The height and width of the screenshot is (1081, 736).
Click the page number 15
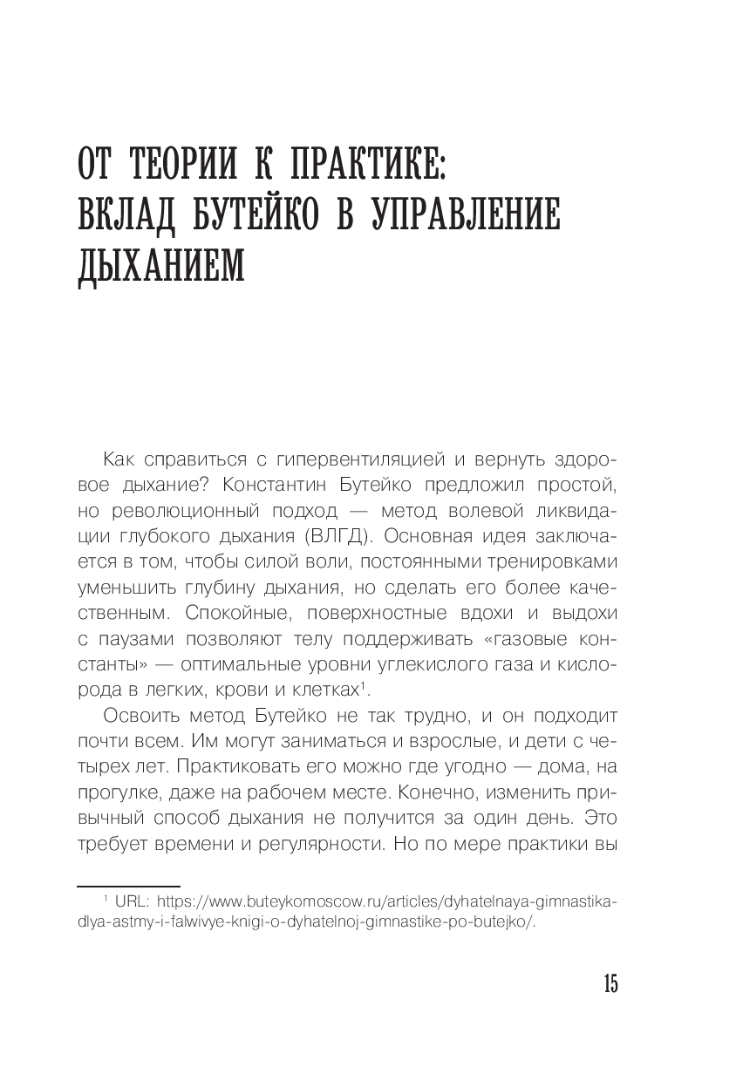(x=610, y=984)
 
